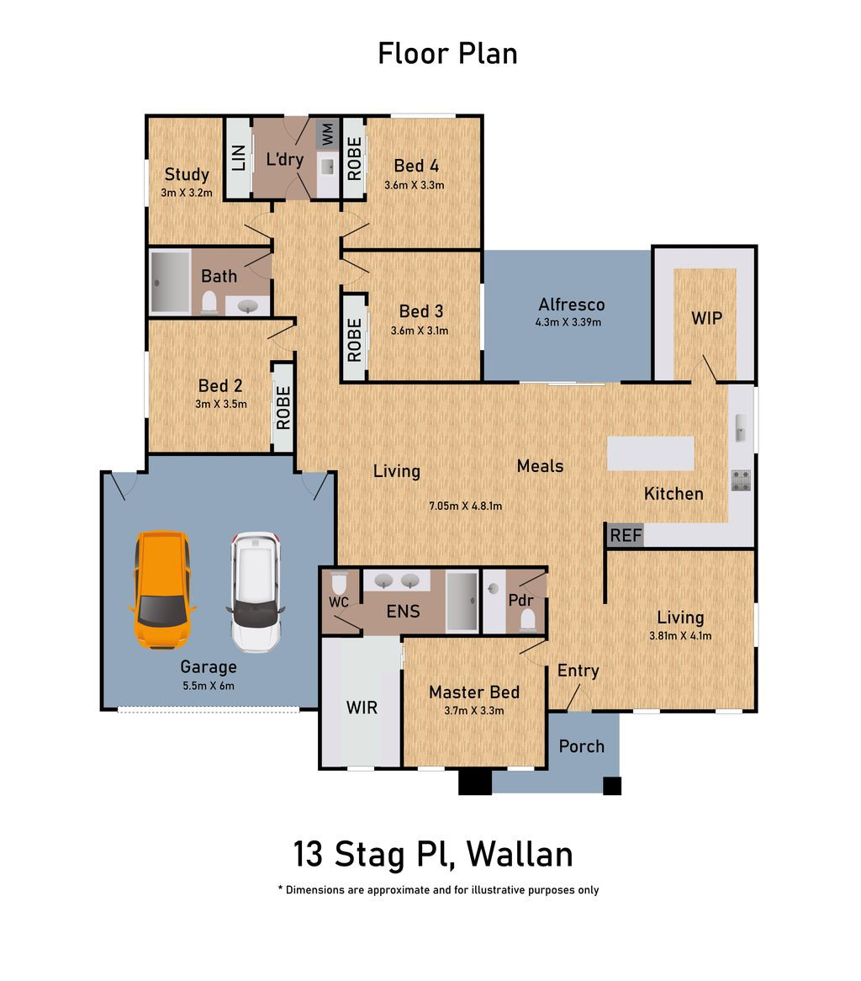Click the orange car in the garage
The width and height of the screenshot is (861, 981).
coord(162,589)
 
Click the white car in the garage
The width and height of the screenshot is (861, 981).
coord(255,591)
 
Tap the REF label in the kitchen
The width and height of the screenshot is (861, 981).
coord(626,536)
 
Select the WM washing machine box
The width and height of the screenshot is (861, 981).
coord(327,133)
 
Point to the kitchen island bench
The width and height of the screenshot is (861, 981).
coord(650,453)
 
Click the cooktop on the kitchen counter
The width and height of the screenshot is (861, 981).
coord(741,480)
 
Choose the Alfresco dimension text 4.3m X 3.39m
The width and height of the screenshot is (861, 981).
coord(568,322)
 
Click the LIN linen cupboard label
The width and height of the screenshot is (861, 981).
coord(238,157)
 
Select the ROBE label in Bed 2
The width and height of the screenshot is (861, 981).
coord(283,408)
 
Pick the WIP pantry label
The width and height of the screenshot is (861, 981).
coord(706,319)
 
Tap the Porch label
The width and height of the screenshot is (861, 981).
coord(582,746)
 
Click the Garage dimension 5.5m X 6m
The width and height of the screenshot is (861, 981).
coord(209,686)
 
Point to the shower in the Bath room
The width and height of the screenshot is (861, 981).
coord(170,282)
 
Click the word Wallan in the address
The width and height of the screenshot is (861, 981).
coord(520,854)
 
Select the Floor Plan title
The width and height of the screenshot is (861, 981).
coord(447,53)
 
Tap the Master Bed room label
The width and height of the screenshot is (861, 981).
coord(474,692)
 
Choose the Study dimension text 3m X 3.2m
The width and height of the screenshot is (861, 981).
coord(187,193)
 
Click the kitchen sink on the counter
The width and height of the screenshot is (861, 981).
coord(740,428)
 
